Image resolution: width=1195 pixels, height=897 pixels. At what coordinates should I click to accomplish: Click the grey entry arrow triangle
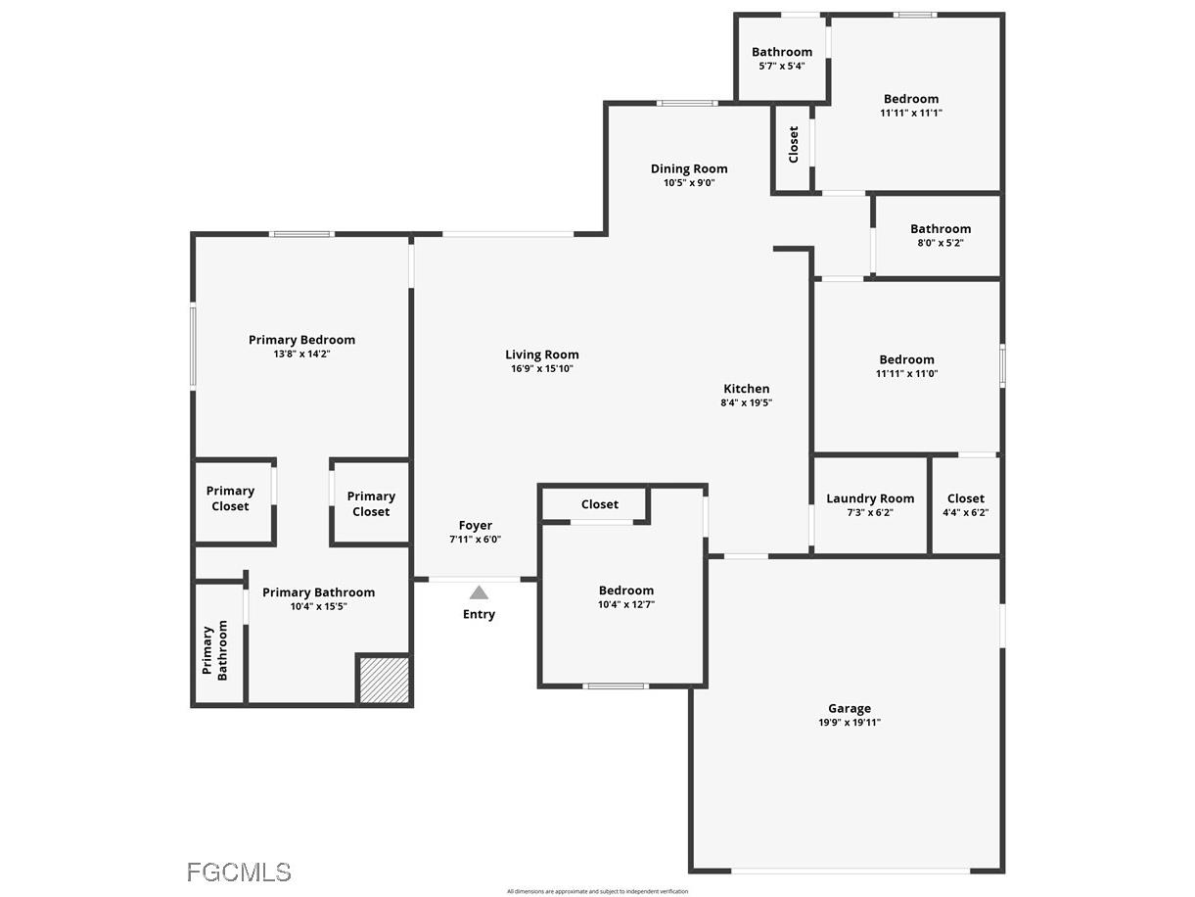(x=479, y=592)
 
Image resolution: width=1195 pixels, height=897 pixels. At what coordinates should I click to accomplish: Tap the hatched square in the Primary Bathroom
(x=384, y=679)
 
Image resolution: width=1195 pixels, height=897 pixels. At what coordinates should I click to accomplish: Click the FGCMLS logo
(x=239, y=872)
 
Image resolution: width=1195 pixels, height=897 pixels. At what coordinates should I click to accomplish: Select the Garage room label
(x=849, y=708)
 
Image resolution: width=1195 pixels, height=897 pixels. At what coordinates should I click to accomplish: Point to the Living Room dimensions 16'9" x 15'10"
(x=541, y=369)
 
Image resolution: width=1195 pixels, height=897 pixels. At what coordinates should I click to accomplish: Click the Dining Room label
(x=689, y=168)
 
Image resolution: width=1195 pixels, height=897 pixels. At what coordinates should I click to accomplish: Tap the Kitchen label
(x=746, y=389)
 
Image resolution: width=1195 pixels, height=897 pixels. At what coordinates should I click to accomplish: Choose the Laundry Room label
(x=870, y=498)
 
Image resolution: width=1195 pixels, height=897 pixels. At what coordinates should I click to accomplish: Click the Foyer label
(x=476, y=526)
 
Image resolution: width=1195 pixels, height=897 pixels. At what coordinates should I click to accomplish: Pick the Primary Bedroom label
(x=301, y=340)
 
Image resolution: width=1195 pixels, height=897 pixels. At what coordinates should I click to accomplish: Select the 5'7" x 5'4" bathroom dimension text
(x=781, y=67)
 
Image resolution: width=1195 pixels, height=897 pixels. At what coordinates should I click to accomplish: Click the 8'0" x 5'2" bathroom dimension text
(x=940, y=243)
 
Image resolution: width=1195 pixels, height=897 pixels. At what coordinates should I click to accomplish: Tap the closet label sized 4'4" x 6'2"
(x=965, y=498)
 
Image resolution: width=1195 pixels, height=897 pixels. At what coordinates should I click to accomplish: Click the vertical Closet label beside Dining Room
(x=794, y=144)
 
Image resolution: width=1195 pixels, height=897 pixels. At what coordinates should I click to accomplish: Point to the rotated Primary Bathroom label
(x=215, y=651)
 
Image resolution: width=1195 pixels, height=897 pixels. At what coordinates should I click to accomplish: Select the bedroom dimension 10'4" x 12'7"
(x=625, y=605)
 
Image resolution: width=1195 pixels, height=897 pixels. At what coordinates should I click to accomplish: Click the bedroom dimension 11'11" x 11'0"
(x=906, y=373)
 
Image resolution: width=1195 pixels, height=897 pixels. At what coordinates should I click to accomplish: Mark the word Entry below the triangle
(x=479, y=614)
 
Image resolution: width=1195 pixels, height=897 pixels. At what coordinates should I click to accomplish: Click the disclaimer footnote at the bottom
(x=597, y=891)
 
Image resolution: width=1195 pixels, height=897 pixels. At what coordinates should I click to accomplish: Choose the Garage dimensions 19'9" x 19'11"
(x=849, y=723)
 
